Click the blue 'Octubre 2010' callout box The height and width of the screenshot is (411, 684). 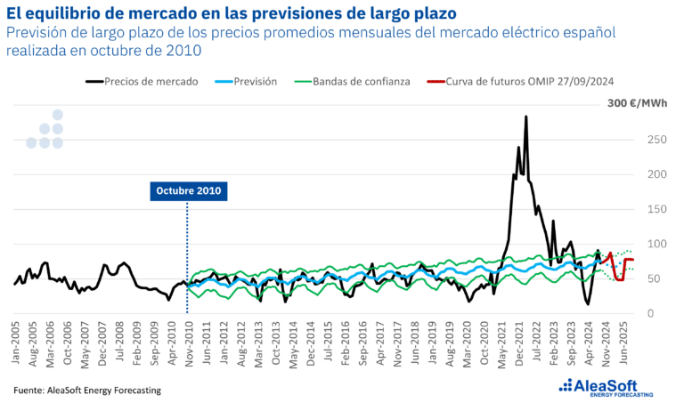tap(187, 190)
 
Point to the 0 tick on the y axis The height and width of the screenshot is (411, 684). tap(652, 313)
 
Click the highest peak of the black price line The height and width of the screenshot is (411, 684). tap(525, 117)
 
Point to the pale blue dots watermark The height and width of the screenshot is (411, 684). tap(45, 130)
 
